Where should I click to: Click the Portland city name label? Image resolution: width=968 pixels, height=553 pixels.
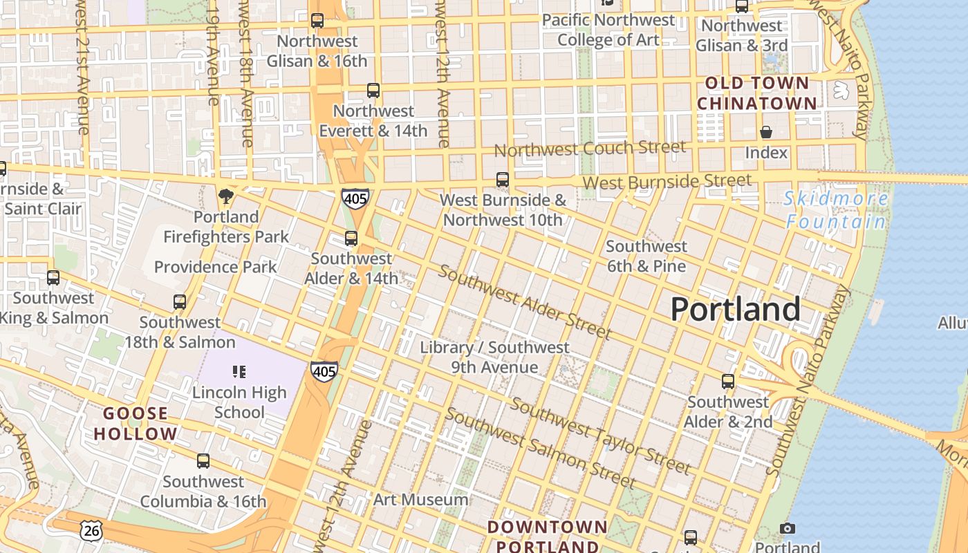[x=735, y=309]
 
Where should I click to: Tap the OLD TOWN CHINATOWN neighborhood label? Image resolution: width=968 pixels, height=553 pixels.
[x=756, y=93]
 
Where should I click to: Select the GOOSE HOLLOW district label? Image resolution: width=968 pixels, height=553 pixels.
[x=136, y=424]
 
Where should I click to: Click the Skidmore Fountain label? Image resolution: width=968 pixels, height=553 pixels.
[x=837, y=210]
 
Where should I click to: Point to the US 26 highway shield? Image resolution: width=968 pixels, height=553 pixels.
[x=91, y=530]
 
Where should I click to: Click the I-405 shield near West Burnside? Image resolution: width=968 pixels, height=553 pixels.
[x=355, y=198]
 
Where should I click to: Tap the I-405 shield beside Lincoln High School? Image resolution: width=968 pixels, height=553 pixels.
[x=324, y=371]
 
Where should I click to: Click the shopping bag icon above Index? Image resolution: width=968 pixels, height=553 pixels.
[x=766, y=132]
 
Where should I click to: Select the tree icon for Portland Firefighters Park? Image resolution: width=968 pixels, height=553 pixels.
[x=225, y=196]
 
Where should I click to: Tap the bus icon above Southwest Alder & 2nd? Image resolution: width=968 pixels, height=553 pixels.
[x=727, y=382]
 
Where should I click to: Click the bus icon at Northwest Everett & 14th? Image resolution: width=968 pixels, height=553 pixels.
[x=373, y=91]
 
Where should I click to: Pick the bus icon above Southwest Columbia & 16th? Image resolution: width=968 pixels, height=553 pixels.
[x=203, y=461]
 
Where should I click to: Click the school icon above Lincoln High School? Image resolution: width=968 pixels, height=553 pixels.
[x=239, y=372]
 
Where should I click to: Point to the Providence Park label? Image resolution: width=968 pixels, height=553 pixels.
[x=215, y=267]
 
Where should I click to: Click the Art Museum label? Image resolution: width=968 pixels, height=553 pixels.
[x=420, y=499]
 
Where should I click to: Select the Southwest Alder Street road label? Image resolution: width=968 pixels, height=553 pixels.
[x=524, y=302]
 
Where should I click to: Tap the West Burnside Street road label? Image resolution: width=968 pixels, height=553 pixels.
[x=667, y=182]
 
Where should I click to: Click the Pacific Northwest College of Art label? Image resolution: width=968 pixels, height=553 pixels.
[x=608, y=30]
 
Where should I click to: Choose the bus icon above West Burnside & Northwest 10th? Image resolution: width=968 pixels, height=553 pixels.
[x=503, y=180]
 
